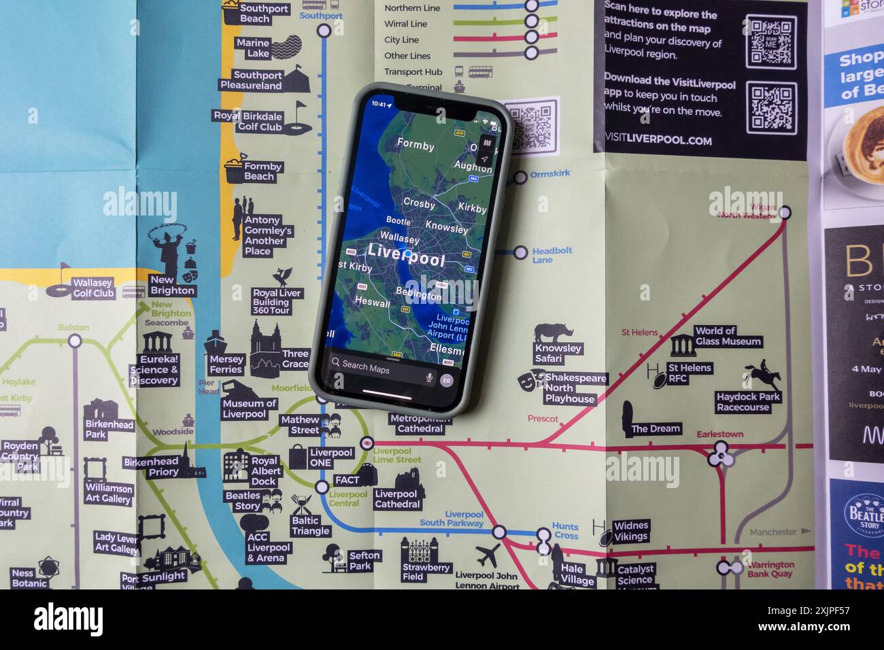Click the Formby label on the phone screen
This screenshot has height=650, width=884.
point(415,145)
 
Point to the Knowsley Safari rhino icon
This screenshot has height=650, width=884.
point(553,333)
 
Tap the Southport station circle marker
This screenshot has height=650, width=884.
point(324,30)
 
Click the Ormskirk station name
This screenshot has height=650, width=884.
point(550,174)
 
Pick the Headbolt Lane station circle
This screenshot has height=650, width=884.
point(520,253)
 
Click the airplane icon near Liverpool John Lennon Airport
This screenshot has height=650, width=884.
point(488,555)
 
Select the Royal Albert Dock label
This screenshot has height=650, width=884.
point(265,471)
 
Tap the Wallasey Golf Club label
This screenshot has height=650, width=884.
point(93,288)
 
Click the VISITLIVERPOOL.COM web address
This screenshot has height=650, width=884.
point(658,141)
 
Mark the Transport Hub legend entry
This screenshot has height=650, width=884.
point(413,71)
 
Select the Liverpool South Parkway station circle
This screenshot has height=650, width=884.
point(500,532)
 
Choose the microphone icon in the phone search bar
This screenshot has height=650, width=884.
point(429,377)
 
